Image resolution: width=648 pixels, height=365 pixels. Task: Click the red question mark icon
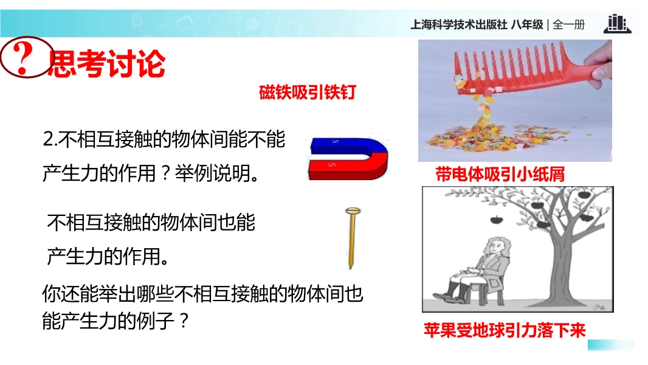(27, 57)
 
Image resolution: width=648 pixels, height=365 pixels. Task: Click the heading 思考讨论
(106, 64)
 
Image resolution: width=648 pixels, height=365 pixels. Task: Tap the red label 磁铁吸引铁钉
(308, 92)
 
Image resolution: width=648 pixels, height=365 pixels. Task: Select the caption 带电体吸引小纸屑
(500, 175)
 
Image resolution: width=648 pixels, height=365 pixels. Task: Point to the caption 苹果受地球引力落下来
(505, 330)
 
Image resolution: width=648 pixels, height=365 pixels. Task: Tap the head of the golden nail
(353, 212)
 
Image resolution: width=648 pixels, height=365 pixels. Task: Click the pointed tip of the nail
(351, 268)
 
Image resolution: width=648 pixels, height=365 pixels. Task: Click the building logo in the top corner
(617, 24)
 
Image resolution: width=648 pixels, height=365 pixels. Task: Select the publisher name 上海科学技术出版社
(459, 25)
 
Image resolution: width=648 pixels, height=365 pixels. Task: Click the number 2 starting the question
(47, 139)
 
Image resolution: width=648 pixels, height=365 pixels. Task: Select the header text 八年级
(527, 25)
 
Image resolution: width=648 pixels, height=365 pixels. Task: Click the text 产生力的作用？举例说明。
(151, 173)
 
